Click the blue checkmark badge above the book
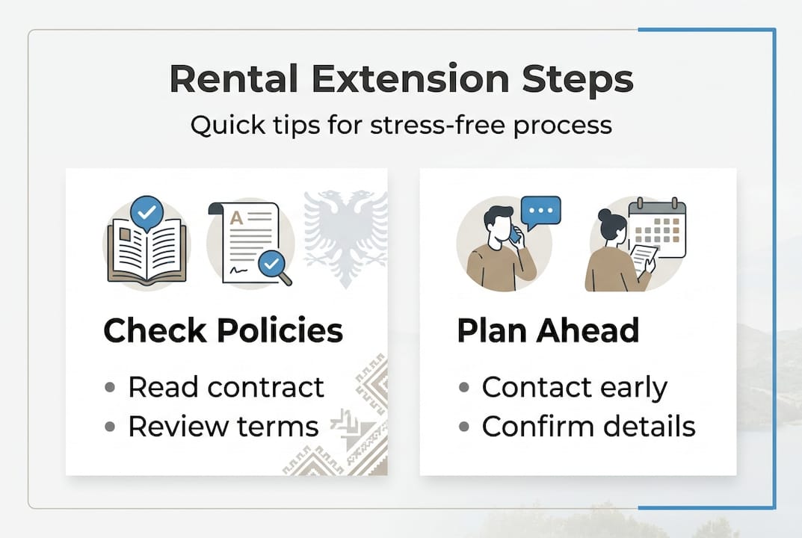click(x=146, y=213)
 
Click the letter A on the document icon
click(x=236, y=218)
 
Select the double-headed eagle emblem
click(x=345, y=235)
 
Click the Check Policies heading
click(x=223, y=330)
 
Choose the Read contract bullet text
click(x=226, y=387)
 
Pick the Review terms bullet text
click(x=223, y=427)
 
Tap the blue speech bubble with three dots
click(x=540, y=212)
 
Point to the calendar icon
click(x=657, y=228)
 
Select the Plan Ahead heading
click(x=548, y=330)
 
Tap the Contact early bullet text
click(x=574, y=387)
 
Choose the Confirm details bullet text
click(x=588, y=427)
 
